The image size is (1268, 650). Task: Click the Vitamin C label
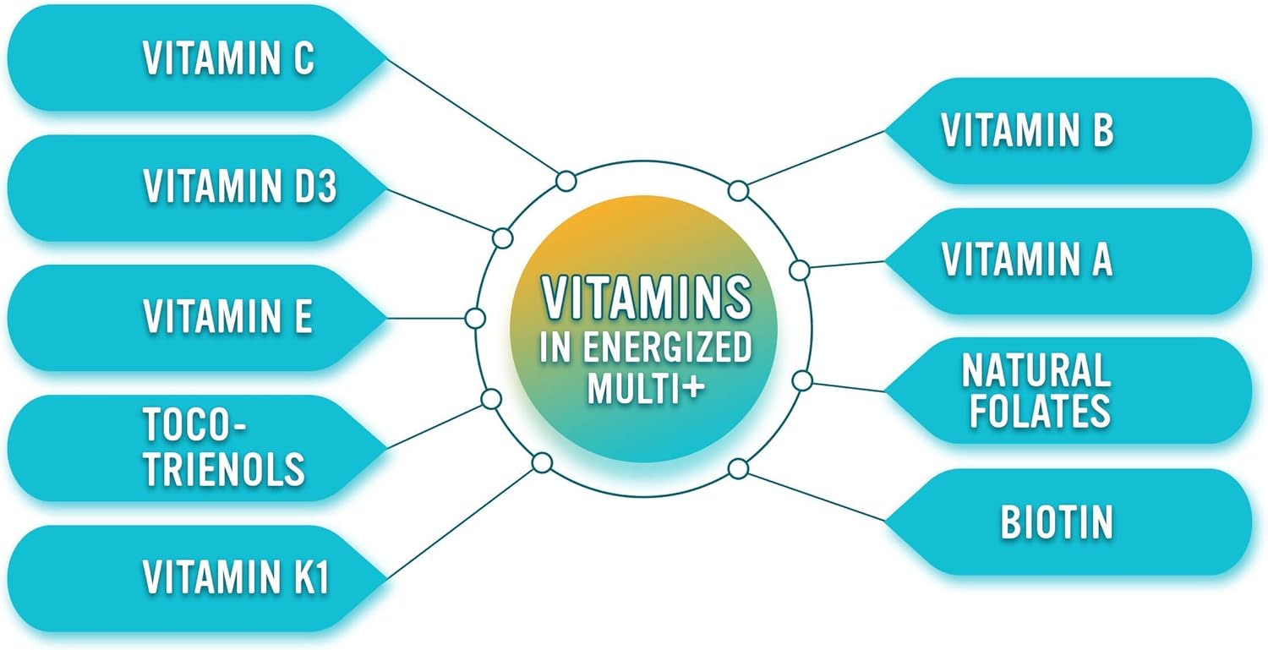(x=228, y=57)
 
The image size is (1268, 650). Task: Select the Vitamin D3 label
(x=239, y=188)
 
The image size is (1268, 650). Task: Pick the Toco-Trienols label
(x=223, y=448)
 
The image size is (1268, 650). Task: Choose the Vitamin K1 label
(x=235, y=578)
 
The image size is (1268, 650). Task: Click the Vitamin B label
(x=1027, y=131)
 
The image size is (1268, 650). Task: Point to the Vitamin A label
(x=1027, y=260)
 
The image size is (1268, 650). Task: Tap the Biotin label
(x=1057, y=522)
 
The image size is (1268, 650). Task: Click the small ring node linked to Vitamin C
(x=566, y=180)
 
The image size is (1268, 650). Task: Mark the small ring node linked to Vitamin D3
(x=502, y=238)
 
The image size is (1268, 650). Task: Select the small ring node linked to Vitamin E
(x=475, y=319)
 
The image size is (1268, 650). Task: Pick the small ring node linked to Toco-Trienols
(x=490, y=399)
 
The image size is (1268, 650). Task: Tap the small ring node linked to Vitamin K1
(x=541, y=462)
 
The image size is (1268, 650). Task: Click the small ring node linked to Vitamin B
(x=738, y=191)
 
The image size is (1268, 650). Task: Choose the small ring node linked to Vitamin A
(x=799, y=270)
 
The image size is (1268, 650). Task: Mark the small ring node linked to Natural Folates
(x=802, y=381)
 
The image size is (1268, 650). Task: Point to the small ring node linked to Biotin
(x=738, y=467)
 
